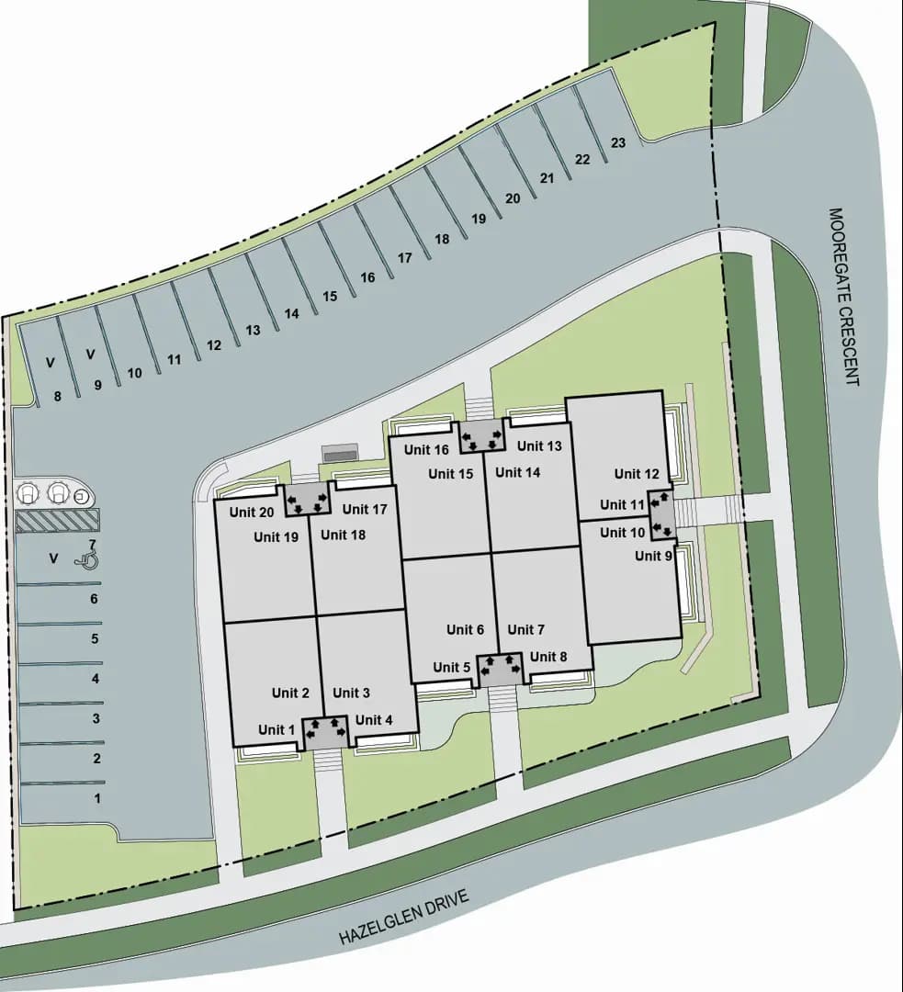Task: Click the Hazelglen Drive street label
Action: tap(404, 917)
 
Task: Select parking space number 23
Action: tap(618, 142)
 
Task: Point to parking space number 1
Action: tap(96, 798)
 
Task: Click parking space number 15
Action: tap(330, 296)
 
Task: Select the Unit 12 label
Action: tap(637, 474)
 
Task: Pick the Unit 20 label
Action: tap(252, 513)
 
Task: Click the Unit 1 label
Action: tap(277, 729)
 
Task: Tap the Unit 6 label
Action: tap(465, 629)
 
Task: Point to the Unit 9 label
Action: tap(653, 556)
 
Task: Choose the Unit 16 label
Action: tap(426, 450)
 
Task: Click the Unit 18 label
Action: tap(343, 535)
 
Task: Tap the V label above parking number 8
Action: tap(51, 364)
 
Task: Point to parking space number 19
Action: tap(478, 219)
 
